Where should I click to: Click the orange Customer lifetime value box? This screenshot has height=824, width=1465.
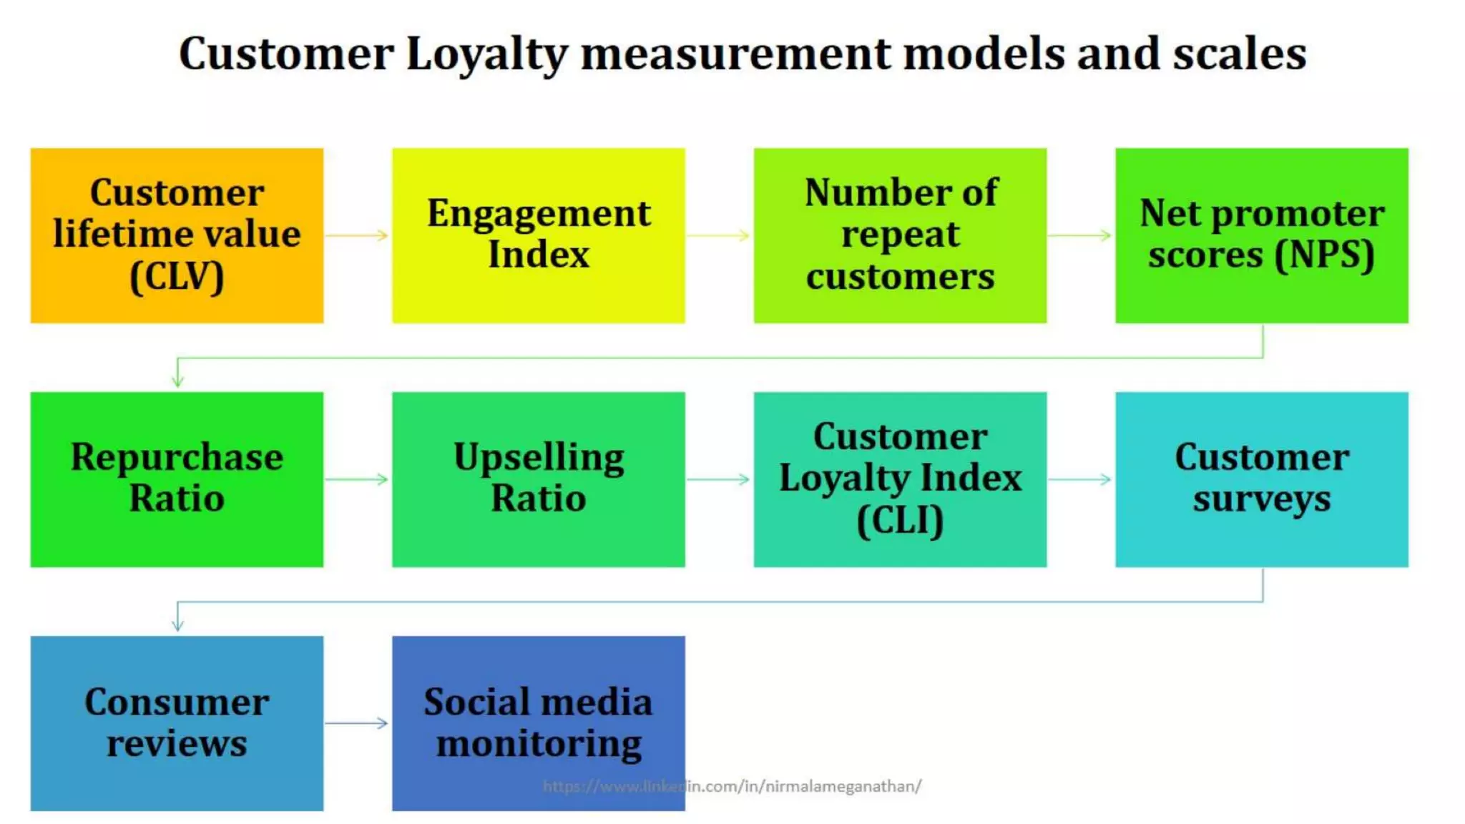pyautogui.click(x=177, y=235)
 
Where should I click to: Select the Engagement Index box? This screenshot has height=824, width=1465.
pyautogui.click(x=538, y=235)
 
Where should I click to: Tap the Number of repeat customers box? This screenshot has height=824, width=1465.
pyautogui.click(x=900, y=235)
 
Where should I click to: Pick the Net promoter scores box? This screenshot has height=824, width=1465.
pyautogui.click(x=1261, y=235)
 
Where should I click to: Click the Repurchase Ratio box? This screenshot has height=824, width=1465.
pyautogui.click(x=177, y=479)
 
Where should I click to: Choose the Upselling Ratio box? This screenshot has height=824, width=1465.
pyautogui.click(x=538, y=479)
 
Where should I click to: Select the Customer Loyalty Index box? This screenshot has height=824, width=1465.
pyautogui.click(x=900, y=479)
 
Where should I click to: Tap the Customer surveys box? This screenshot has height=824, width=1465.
pyautogui.click(x=1261, y=479)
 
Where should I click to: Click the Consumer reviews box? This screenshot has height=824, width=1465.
pyautogui.click(x=177, y=723)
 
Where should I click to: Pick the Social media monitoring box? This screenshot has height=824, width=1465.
pyautogui.click(x=538, y=723)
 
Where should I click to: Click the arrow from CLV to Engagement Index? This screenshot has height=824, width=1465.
pyautogui.click(x=357, y=235)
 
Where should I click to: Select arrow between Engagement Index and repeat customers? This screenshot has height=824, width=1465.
pyautogui.click(x=718, y=235)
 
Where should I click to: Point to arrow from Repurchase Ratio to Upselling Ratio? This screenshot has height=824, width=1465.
pyautogui.click(x=357, y=479)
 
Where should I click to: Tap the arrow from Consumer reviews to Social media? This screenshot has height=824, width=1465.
pyautogui.click(x=357, y=723)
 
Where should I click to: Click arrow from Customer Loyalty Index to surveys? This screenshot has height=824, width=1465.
pyautogui.click(x=1080, y=479)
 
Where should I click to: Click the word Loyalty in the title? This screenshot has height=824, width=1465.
pyautogui.click(x=486, y=54)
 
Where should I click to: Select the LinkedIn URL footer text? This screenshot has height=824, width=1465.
pyautogui.click(x=732, y=786)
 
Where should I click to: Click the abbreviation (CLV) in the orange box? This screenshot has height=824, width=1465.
pyautogui.click(x=177, y=277)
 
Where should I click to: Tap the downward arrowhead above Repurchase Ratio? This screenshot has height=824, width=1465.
pyautogui.click(x=177, y=381)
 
